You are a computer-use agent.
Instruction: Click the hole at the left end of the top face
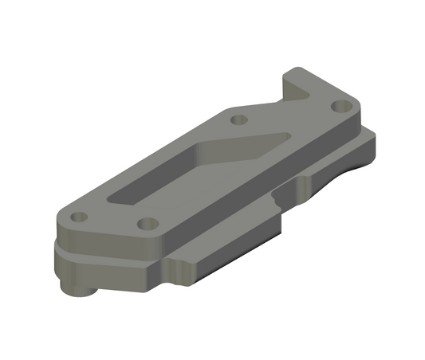tap(78, 217)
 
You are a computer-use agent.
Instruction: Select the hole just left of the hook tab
tap(238, 120)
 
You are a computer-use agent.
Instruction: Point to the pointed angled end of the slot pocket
tap(278, 136)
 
